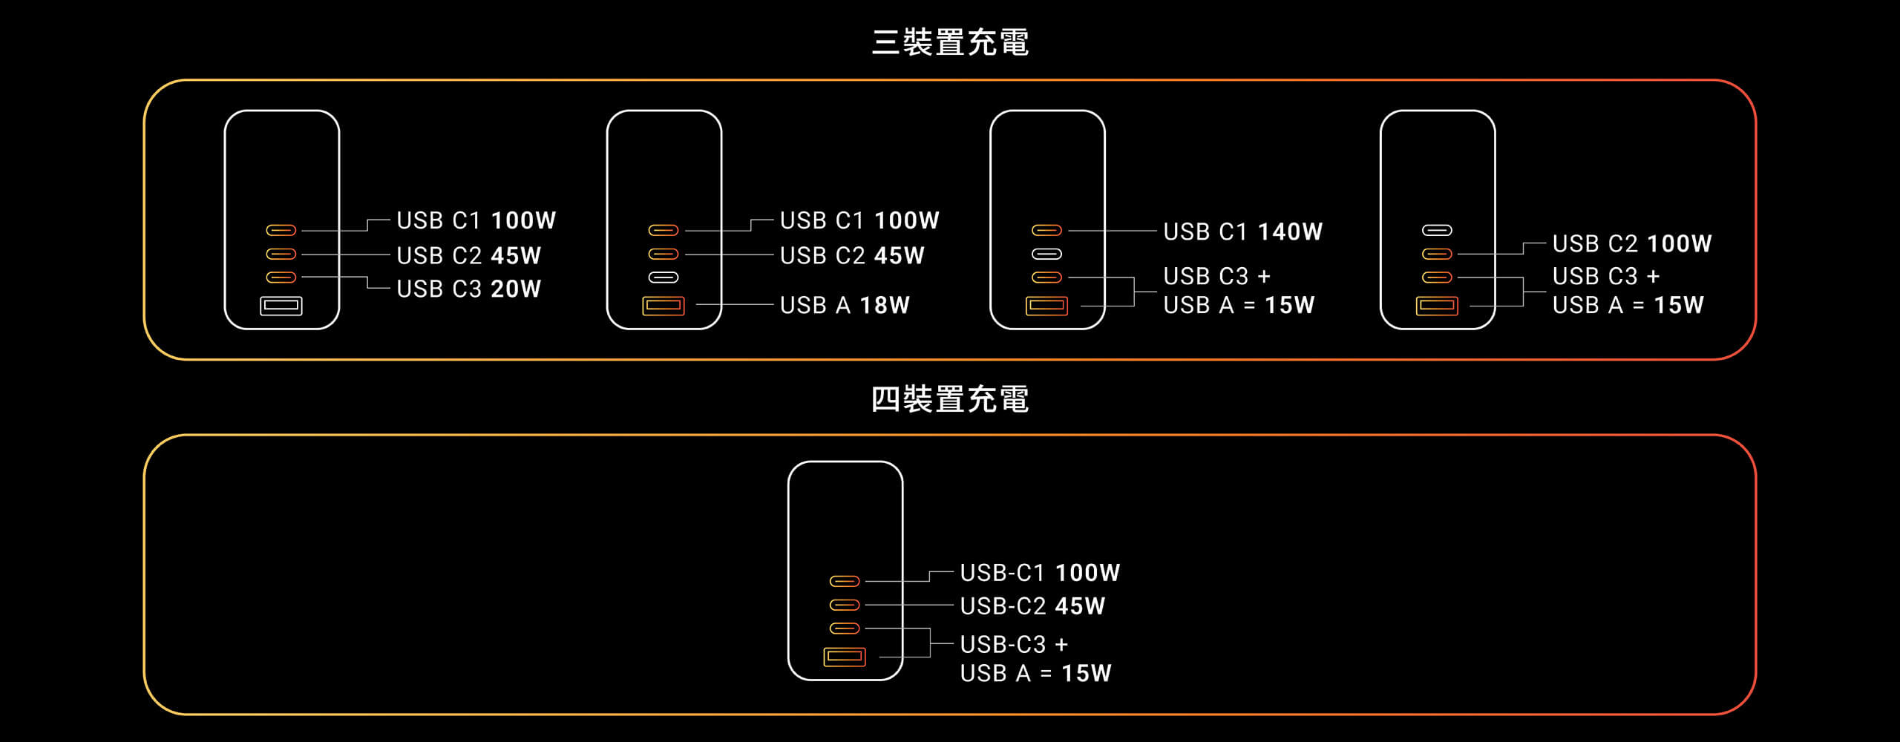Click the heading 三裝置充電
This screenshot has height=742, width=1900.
950,42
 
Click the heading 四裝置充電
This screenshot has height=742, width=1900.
950,399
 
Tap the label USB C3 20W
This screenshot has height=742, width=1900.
469,289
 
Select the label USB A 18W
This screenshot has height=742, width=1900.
845,305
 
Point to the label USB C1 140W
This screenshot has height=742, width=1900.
1243,232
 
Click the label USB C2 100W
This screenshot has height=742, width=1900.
1632,243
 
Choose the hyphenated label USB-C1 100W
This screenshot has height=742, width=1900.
1040,573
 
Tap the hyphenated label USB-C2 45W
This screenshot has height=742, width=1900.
1032,606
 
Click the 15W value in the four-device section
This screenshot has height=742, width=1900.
1087,673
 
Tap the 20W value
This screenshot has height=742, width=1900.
516,289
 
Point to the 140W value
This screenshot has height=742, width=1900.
1291,232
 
